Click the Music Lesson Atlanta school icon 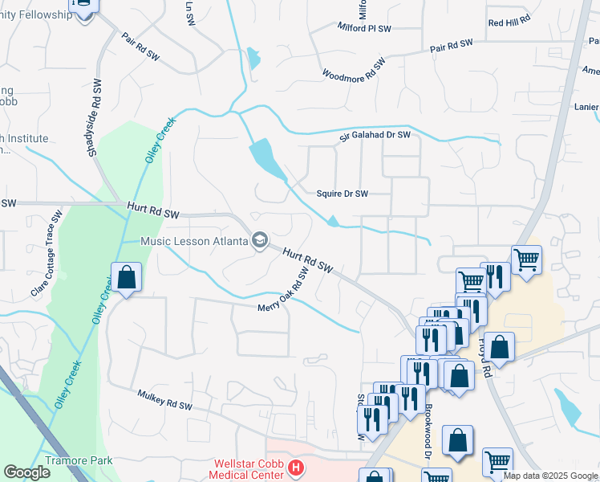[x=259, y=240]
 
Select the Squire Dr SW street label [x=342, y=194]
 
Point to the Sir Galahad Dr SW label [x=375, y=136]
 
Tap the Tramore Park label [x=79, y=460]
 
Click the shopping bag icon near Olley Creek [x=126, y=278]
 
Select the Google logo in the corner [x=27, y=472]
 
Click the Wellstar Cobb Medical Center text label [x=247, y=469]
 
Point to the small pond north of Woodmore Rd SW [x=253, y=57]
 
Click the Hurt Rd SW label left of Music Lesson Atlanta [x=152, y=211]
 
